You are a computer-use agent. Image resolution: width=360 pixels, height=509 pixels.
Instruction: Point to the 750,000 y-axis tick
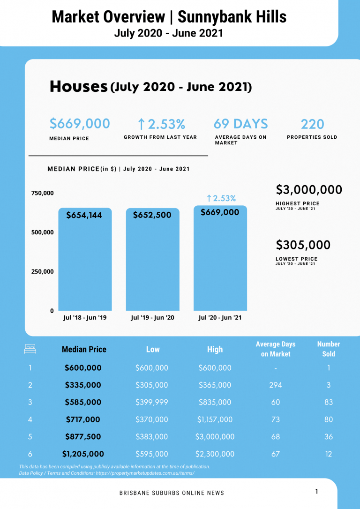[42, 193]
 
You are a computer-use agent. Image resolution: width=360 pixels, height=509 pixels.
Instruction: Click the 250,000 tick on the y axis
[42, 271]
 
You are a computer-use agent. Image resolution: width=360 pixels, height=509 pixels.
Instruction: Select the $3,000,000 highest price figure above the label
[309, 190]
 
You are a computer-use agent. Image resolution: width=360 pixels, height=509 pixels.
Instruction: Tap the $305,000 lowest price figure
[303, 245]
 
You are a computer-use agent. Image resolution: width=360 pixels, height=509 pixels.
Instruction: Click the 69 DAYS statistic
[240, 124]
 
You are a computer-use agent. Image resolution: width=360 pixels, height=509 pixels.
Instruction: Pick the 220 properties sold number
[312, 124]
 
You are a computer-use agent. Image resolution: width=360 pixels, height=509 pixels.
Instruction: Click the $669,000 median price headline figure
[80, 124]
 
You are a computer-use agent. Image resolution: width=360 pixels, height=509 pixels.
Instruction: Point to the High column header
[215, 349]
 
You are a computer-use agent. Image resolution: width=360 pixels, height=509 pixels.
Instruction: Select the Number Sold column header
[328, 349]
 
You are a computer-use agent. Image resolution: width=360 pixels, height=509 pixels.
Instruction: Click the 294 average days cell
[276, 385]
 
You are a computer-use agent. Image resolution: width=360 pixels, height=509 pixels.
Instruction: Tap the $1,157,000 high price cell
[215, 419]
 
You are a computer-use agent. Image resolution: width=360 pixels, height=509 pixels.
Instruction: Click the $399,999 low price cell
[152, 402]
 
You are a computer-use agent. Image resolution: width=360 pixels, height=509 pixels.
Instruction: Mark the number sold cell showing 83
[329, 402]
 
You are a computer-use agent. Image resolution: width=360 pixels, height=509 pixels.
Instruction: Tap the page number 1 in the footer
[316, 492]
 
